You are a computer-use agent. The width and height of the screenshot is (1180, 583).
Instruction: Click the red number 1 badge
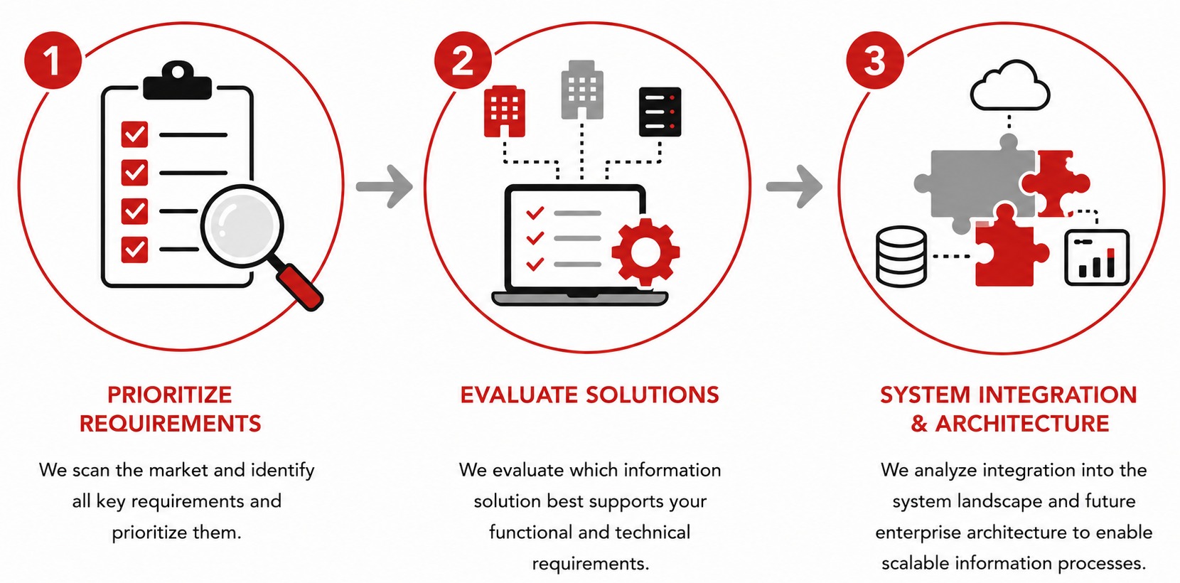tap(53, 60)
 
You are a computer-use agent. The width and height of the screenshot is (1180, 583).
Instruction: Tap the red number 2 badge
tap(463, 60)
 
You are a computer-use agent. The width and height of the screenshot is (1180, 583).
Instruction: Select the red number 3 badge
tap(874, 60)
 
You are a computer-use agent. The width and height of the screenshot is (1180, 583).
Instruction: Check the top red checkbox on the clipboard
tap(134, 134)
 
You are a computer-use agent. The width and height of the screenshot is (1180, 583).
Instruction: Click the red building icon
tap(504, 111)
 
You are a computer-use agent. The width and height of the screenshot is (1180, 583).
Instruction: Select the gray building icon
tap(581, 90)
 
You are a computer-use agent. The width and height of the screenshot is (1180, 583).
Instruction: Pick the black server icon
tap(660, 112)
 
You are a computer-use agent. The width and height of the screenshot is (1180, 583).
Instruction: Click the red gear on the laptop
tap(645, 252)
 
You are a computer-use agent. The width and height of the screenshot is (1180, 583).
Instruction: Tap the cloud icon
tap(1010, 86)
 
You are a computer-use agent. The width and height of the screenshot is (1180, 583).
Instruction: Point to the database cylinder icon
tap(901, 257)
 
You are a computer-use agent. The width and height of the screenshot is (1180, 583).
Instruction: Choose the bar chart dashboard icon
tap(1097, 257)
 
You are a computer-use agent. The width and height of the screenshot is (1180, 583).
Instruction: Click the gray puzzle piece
tap(975, 184)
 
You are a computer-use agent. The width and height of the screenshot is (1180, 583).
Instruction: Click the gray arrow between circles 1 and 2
tap(384, 186)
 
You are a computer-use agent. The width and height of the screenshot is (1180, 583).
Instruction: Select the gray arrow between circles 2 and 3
tap(794, 186)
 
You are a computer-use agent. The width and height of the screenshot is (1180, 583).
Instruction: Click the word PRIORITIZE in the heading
tap(170, 395)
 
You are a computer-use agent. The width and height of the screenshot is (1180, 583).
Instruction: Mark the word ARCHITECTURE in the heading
tap(1022, 424)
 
